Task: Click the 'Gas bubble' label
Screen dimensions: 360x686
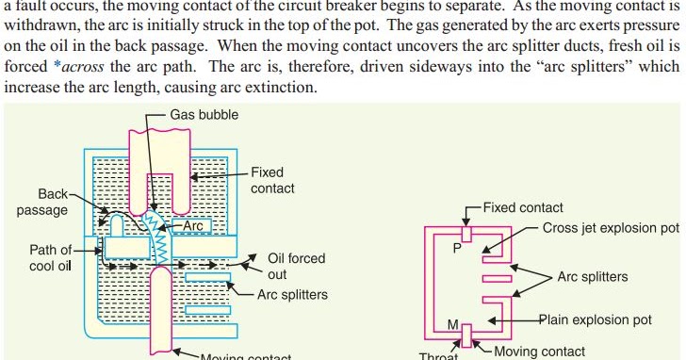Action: point(204,115)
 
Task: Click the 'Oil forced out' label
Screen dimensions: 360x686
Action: point(297,267)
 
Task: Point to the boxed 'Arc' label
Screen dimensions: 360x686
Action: point(192,226)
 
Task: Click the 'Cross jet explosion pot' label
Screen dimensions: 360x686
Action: point(611,228)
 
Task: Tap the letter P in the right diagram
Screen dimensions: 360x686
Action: point(456,249)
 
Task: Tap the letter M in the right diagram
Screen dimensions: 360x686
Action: point(453,325)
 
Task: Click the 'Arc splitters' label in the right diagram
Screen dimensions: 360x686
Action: point(593,277)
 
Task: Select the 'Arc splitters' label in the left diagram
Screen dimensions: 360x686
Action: point(292,295)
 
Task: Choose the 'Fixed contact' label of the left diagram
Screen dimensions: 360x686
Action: point(272,180)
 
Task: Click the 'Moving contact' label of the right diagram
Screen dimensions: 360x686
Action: point(539,352)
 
